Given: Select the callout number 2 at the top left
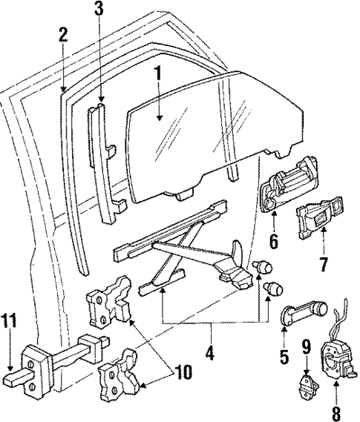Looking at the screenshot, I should coord(63,35).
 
